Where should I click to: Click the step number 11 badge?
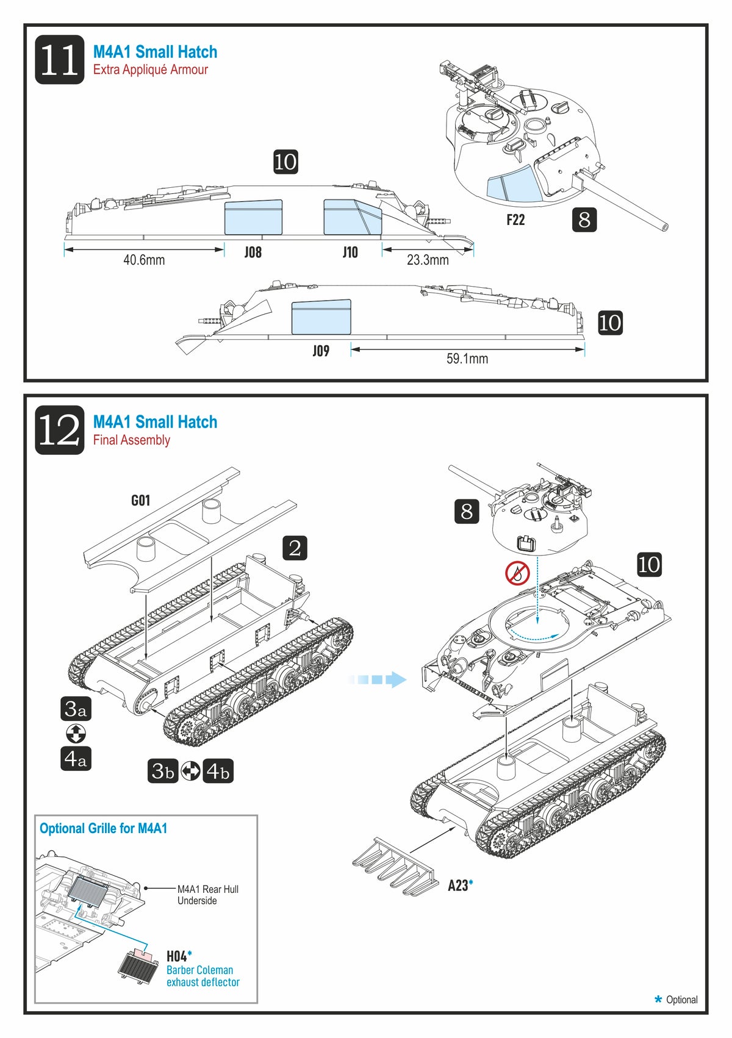point(59,59)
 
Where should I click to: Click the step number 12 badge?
point(59,430)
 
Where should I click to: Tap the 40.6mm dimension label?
point(144,260)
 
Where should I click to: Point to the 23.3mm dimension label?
point(428,260)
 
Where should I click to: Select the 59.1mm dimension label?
point(467,359)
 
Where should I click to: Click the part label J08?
point(253,252)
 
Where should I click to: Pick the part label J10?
point(350,252)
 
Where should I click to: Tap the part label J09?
point(321,351)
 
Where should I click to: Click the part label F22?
point(515,220)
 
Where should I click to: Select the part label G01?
point(140,501)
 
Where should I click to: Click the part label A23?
point(458,886)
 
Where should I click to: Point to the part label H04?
point(177,956)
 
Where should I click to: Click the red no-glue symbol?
point(517,573)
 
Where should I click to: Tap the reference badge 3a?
point(76,709)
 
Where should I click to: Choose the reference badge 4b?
point(218,771)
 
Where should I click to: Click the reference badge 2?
point(295,548)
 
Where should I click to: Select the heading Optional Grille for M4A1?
point(103,828)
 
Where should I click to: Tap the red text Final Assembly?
point(131,440)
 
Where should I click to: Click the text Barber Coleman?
point(199,970)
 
